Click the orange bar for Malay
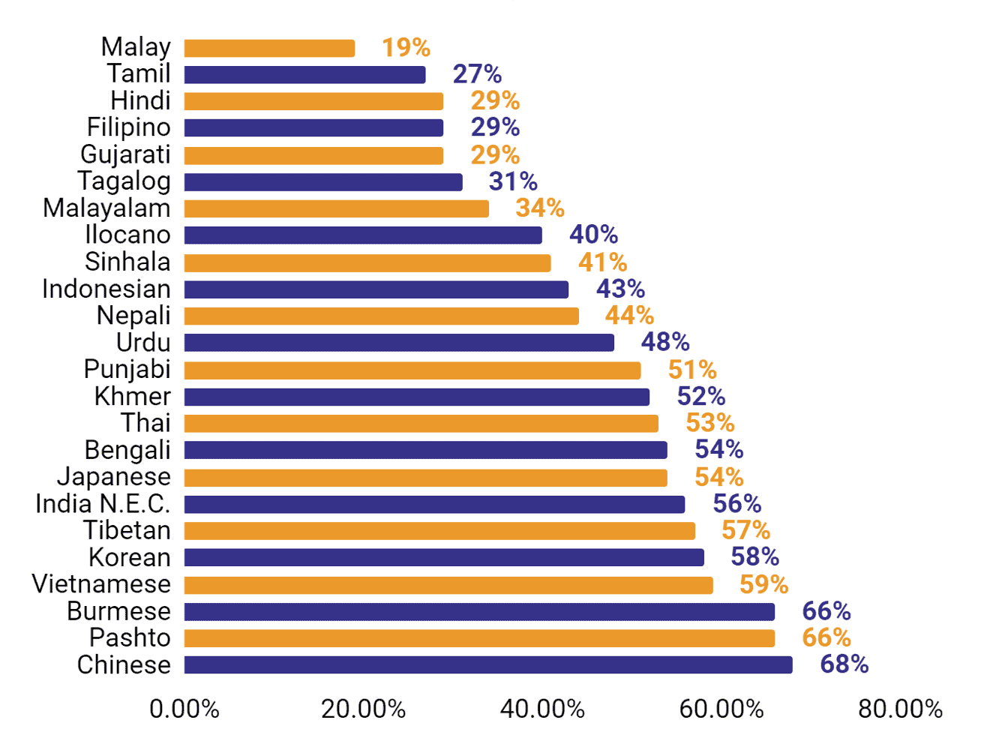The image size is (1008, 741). click(269, 48)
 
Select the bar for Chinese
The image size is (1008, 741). click(487, 664)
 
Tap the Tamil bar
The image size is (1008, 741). click(304, 75)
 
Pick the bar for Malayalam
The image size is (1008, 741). click(336, 208)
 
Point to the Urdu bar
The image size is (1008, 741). click(399, 343)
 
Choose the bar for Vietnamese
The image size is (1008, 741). click(448, 585)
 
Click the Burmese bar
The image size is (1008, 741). click(479, 612)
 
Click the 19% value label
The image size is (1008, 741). click(406, 47)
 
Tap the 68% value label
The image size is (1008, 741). click(844, 664)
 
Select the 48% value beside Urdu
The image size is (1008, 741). click(664, 342)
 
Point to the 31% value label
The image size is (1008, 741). click(513, 181)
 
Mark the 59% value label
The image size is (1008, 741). click(763, 584)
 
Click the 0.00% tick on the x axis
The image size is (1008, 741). click(184, 709)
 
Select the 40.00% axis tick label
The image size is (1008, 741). click(542, 709)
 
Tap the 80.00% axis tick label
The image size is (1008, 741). click(900, 709)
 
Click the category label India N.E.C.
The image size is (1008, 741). click(103, 503)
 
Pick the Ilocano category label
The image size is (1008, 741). click(127, 235)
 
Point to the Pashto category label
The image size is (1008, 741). click(130, 637)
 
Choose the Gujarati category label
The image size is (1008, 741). click(125, 154)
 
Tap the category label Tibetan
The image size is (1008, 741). click(127, 530)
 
